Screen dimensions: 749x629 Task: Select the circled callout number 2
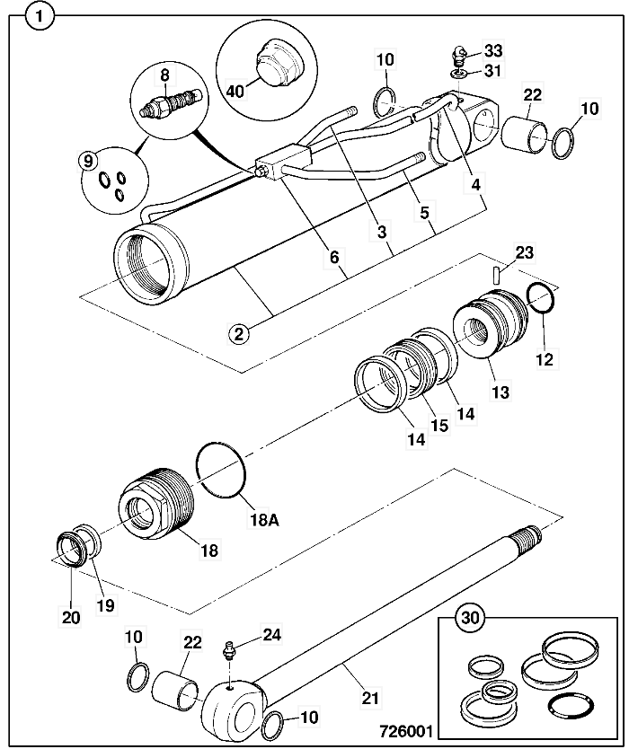coord(238,334)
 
